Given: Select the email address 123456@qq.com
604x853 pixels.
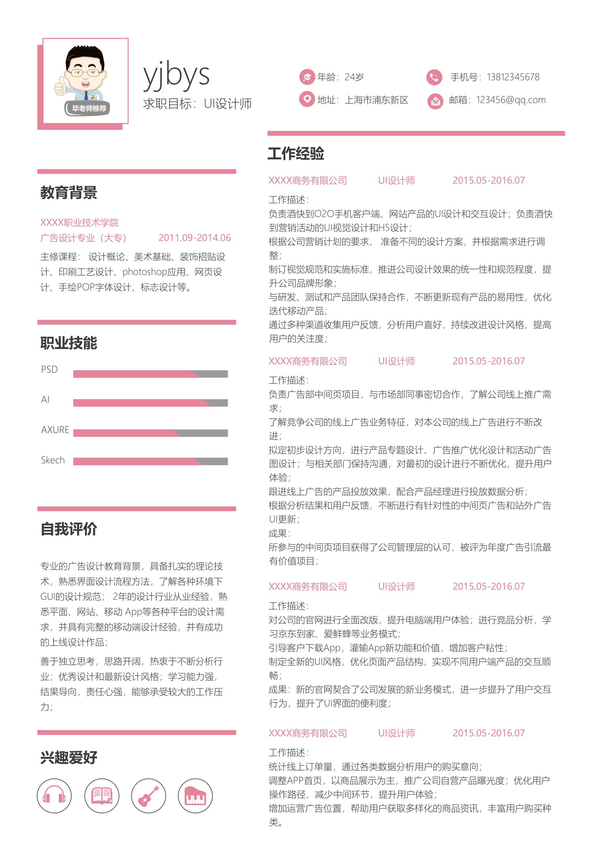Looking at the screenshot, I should (511, 100).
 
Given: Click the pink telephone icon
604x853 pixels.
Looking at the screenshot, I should (434, 77).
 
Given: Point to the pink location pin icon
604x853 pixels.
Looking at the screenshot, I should (307, 99).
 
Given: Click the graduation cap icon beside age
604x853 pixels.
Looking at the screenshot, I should (307, 77).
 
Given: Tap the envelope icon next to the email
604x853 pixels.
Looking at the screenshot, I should (435, 101).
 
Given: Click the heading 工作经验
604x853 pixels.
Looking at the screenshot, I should (296, 154).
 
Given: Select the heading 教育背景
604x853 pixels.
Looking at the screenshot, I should (69, 193).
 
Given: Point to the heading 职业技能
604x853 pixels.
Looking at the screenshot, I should (69, 343).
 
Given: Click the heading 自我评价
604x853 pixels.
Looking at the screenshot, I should (69, 529).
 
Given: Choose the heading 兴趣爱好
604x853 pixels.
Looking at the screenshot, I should (69, 757).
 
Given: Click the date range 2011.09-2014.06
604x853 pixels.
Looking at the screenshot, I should (195, 238).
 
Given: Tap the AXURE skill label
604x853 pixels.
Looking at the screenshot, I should (55, 430).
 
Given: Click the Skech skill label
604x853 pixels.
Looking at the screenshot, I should (53, 460).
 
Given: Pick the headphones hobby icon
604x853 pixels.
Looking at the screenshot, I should (54, 796).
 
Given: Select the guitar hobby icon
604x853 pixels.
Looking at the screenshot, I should (149, 796).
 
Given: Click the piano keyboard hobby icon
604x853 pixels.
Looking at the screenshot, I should (195, 796).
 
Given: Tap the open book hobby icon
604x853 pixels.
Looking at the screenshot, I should (101, 796).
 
